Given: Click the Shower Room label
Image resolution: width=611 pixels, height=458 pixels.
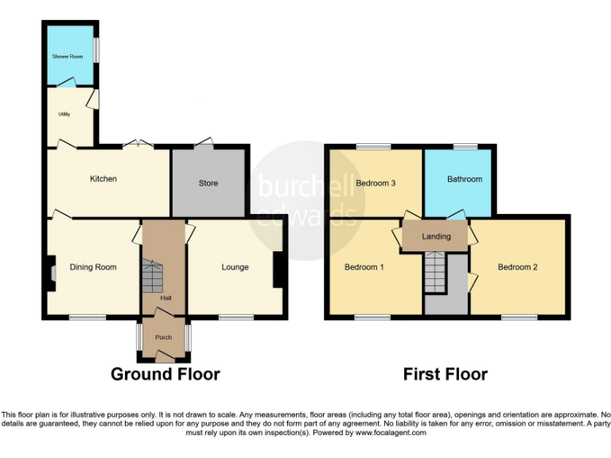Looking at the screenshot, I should [68, 56].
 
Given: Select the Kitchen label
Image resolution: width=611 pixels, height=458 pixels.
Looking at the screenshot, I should [103, 179].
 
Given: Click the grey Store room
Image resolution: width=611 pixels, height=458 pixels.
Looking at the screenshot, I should [208, 184].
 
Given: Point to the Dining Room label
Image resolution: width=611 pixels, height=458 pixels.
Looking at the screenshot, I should [93, 267].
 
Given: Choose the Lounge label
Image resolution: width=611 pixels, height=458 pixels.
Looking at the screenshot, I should [235, 267].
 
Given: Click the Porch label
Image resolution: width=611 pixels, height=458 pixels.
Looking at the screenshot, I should [163, 337].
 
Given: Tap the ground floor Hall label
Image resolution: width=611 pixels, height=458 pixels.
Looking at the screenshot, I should [165, 298].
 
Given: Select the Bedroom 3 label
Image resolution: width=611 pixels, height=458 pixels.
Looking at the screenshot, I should [376, 183].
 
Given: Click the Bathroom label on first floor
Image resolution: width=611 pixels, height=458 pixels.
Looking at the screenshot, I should [464, 179].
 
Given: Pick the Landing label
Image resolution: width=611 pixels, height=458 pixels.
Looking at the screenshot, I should [436, 236].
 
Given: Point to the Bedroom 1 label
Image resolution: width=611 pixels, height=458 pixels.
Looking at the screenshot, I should [364, 267].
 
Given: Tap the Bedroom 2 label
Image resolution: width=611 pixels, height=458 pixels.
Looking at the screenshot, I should [517, 267].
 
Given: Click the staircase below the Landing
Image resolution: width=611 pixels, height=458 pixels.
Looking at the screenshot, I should [435, 272].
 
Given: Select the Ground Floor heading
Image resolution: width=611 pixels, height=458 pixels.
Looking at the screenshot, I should [165, 374].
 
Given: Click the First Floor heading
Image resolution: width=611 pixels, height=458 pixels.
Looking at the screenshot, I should [445, 374].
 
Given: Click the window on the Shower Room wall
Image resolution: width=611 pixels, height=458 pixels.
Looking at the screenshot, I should [97, 49].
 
